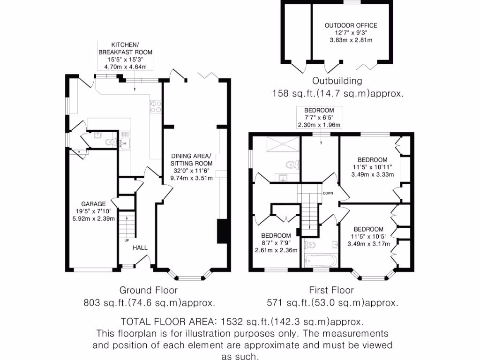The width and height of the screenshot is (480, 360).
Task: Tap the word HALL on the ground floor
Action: [x=140, y=247]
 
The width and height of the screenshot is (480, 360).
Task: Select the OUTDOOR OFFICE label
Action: [x=351, y=25]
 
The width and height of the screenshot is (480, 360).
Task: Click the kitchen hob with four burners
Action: [x=156, y=107]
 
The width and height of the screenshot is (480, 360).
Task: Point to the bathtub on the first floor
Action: [x=319, y=259]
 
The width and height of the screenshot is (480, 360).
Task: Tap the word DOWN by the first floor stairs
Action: [x=328, y=193]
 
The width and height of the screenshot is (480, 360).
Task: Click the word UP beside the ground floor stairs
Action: [x=127, y=240]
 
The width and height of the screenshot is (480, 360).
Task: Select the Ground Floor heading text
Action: [x=149, y=291]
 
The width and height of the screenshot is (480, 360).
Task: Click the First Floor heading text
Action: [x=331, y=291]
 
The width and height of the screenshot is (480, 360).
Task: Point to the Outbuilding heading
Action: [x=337, y=81]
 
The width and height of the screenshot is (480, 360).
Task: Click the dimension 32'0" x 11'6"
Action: [x=191, y=171]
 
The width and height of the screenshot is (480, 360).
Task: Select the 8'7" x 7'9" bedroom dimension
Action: [x=276, y=243]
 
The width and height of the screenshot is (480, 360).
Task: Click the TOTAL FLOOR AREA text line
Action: [x=241, y=322]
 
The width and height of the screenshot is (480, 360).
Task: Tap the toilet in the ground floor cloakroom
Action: [x=110, y=142]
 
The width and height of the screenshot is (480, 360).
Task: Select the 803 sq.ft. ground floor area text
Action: [x=149, y=303]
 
